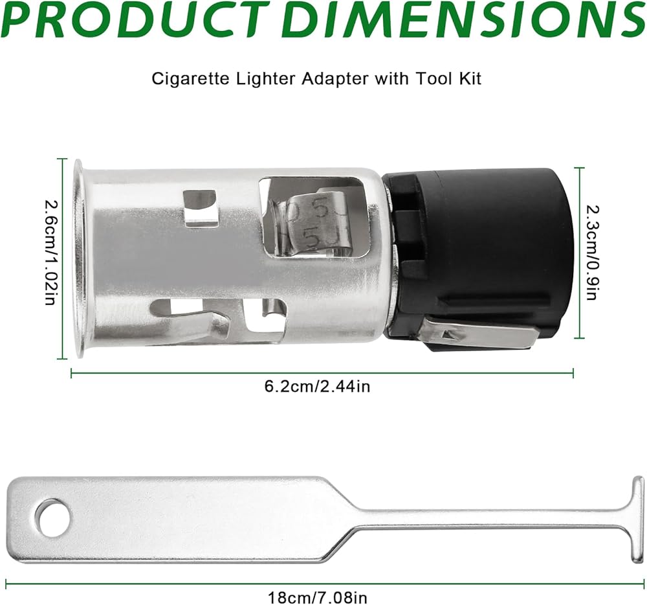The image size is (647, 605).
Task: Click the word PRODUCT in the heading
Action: (x=135, y=20)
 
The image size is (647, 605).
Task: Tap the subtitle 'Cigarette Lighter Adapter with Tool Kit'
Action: (x=316, y=78)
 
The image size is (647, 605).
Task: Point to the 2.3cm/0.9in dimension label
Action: (x=592, y=253)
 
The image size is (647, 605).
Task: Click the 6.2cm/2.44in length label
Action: (x=317, y=387)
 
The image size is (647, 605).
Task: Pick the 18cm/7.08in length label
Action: (x=317, y=597)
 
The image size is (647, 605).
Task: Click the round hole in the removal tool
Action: (x=52, y=518)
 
